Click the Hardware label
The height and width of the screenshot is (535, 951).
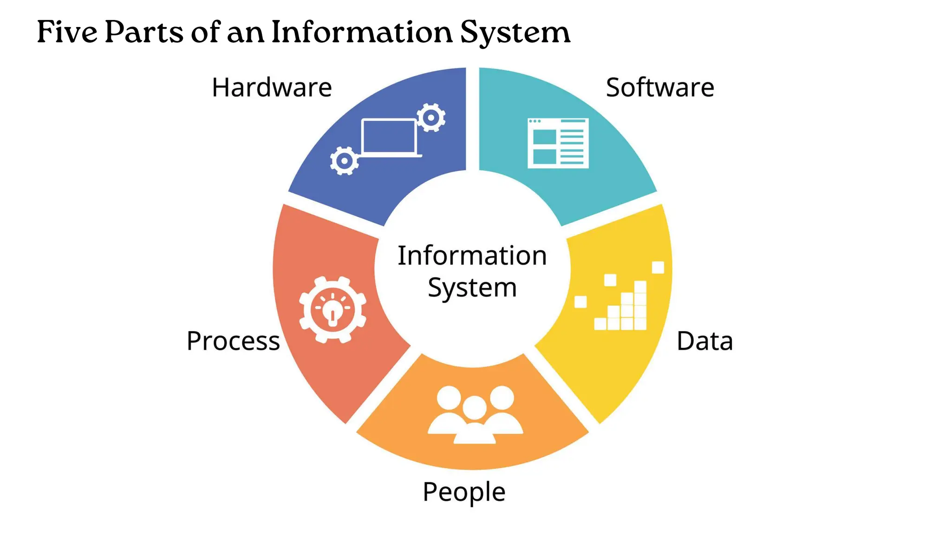[272, 87]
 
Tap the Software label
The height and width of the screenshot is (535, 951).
[660, 87]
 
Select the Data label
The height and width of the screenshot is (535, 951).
[704, 341]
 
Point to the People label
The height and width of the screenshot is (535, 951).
[464, 492]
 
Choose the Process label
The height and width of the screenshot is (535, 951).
[233, 341]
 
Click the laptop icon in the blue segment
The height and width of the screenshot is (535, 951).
[389, 137]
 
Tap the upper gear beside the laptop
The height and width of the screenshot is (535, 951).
[431, 117]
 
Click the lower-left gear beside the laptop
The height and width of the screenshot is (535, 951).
[344, 161]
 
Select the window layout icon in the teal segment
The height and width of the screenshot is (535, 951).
[558, 143]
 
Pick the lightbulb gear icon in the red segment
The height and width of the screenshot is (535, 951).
[332, 310]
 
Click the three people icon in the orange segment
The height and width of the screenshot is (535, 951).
[475, 414]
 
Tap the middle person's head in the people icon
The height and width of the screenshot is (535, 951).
[475, 407]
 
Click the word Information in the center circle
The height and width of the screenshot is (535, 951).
[472, 256]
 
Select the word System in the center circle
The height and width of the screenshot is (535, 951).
[472, 288]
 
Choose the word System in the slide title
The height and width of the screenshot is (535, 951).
[515, 33]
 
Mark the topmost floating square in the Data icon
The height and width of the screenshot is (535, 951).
[658, 267]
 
